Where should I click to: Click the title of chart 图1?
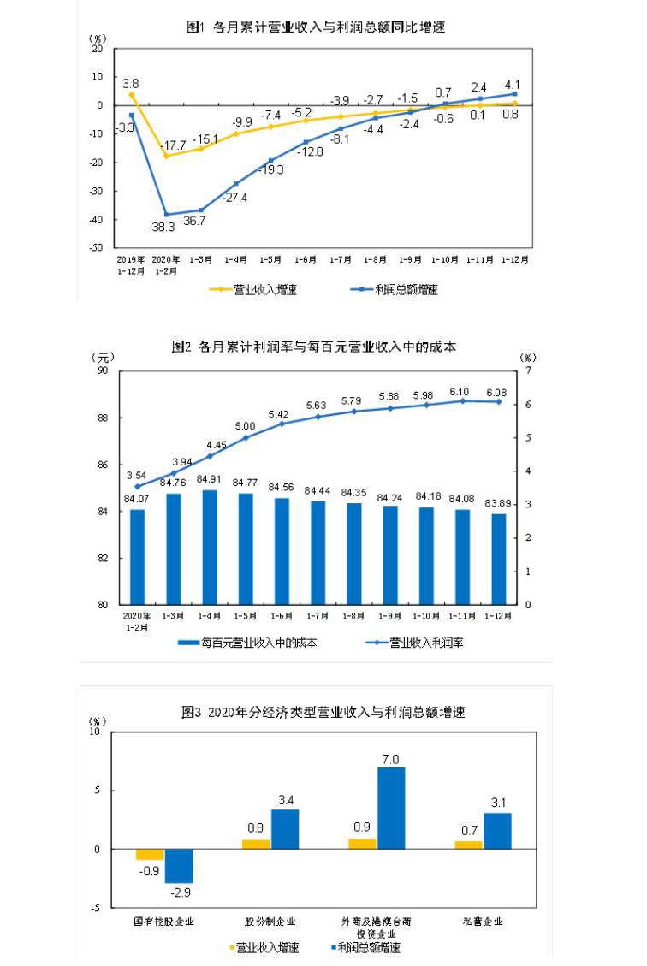pos(316,27)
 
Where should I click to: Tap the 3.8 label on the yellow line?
pos(131,83)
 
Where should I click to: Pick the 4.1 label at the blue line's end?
pos(513,84)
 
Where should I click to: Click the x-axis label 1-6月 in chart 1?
pos(306,258)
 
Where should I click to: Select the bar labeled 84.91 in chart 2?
pos(209,548)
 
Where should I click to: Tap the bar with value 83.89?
pos(498,559)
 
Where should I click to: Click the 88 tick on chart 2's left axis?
pos(103,418)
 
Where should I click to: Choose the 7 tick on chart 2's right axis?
pos(529,371)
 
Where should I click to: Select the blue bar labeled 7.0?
pos(391,808)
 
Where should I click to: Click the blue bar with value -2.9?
pos(179,866)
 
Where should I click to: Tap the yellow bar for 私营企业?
pos(469,845)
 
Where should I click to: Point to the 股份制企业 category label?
pos(270,922)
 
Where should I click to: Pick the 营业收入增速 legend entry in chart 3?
pos(268,947)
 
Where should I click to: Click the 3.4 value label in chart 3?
pos(285,799)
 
